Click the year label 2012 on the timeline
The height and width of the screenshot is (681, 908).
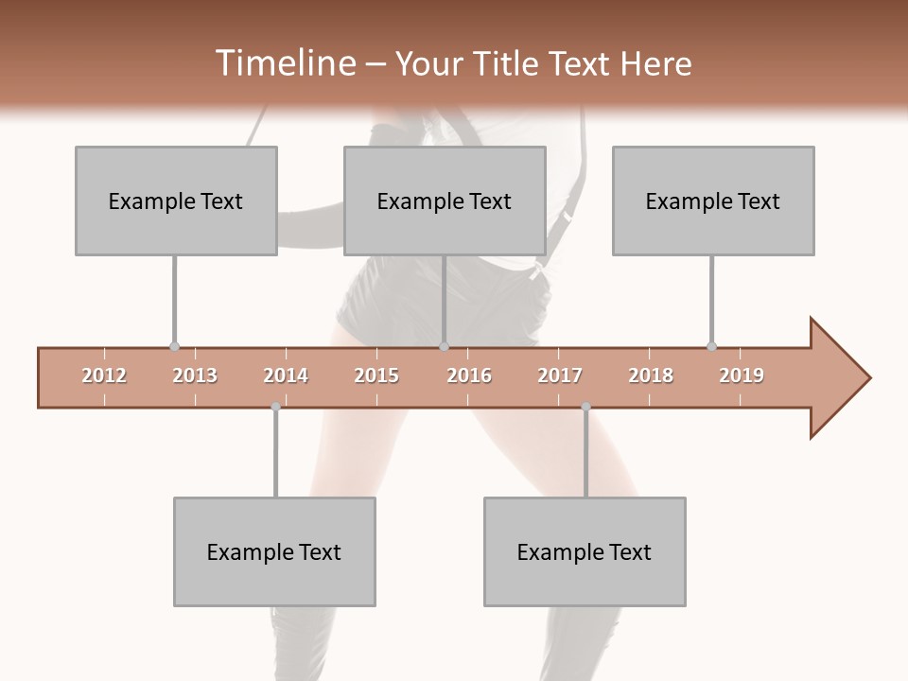[x=104, y=375]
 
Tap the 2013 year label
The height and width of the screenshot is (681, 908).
[x=195, y=375]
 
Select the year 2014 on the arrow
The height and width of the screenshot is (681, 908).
[x=286, y=375]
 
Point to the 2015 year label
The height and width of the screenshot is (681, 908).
[x=376, y=375]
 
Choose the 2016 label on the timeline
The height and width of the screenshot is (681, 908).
[x=469, y=375]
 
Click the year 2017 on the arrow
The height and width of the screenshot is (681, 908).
[x=560, y=375]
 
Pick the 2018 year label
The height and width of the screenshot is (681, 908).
[x=651, y=375]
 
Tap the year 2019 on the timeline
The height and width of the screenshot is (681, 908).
[x=742, y=375]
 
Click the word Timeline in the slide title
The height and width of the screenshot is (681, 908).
[x=283, y=63]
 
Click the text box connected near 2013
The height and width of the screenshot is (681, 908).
[x=176, y=201]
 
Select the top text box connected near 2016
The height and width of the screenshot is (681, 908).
[x=445, y=201]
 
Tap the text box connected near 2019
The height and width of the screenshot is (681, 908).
[x=713, y=201]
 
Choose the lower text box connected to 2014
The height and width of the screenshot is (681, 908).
[x=274, y=551]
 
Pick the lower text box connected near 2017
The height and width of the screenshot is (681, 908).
[x=585, y=551]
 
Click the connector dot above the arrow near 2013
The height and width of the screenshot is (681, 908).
[x=174, y=346]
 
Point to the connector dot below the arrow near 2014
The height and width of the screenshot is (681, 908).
[x=275, y=407]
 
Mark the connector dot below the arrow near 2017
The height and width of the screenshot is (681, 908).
[x=585, y=407]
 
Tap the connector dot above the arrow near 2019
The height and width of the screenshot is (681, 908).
[x=711, y=346]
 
